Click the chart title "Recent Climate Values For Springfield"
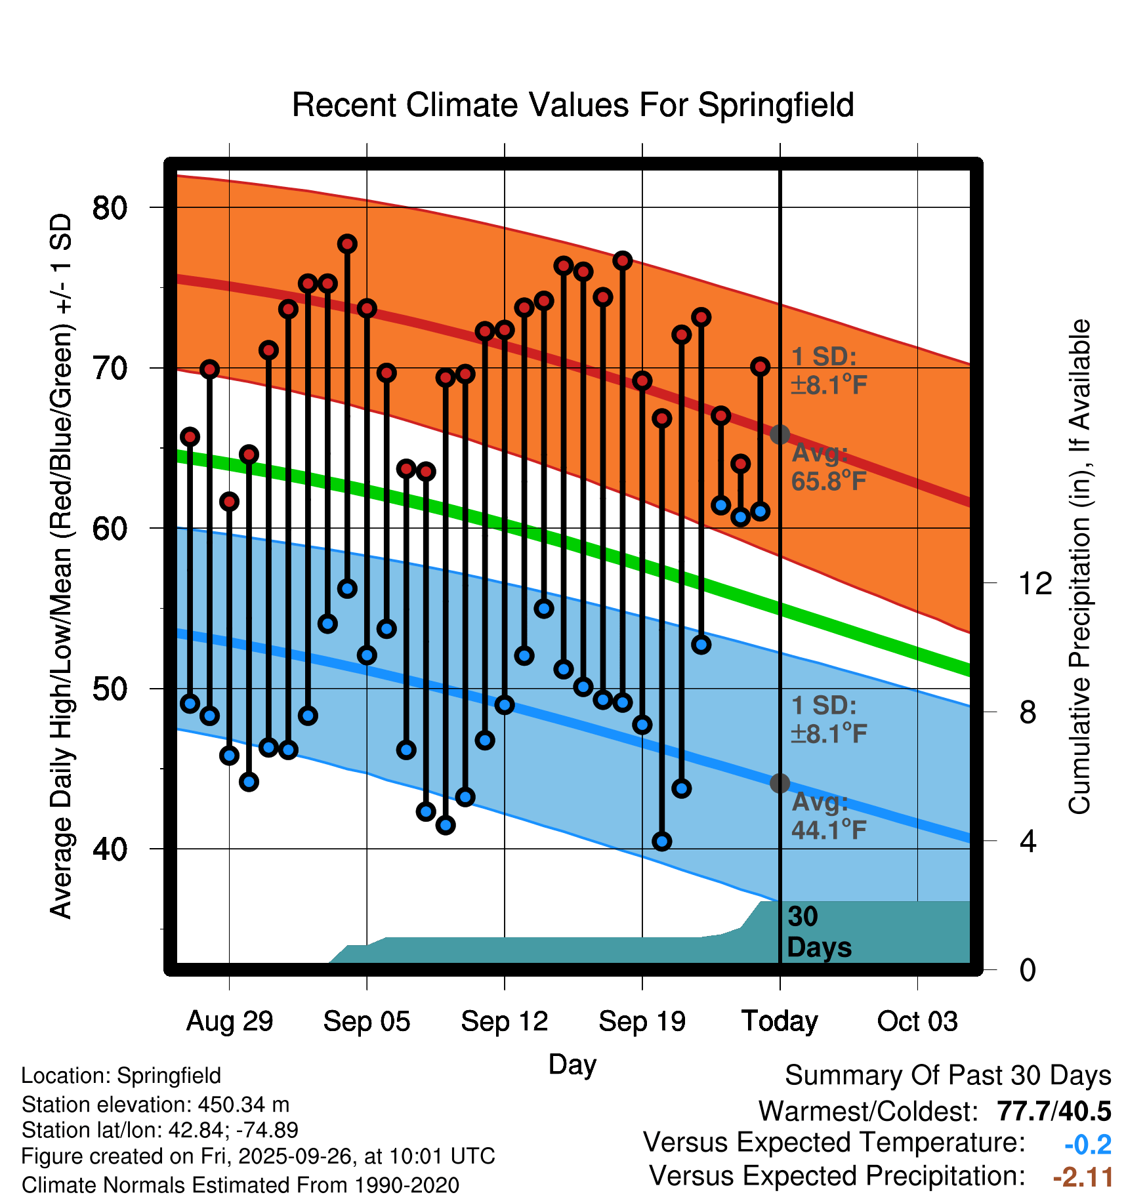pos(573,105)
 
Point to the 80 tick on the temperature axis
pos(110,208)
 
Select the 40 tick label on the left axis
pos(110,849)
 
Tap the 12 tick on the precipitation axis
pos(1035,583)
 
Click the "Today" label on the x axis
pos(780,1021)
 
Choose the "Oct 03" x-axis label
pos(917,1021)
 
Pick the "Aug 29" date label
pos(230,1021)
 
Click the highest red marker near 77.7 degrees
pos(347,244)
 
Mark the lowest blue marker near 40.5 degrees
pos(662,842)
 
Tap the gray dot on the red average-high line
pos(780,434)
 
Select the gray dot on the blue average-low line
pos(780,783)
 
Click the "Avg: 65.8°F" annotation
pos(828,468)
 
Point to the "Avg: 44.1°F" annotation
pos(828,817)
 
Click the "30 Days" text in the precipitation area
pos(818,932)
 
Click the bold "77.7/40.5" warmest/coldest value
pos(1054,1111)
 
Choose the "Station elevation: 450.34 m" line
pos(156,1105)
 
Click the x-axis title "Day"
pos(572,1064)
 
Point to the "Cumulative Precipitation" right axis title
pos(1079,567)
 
